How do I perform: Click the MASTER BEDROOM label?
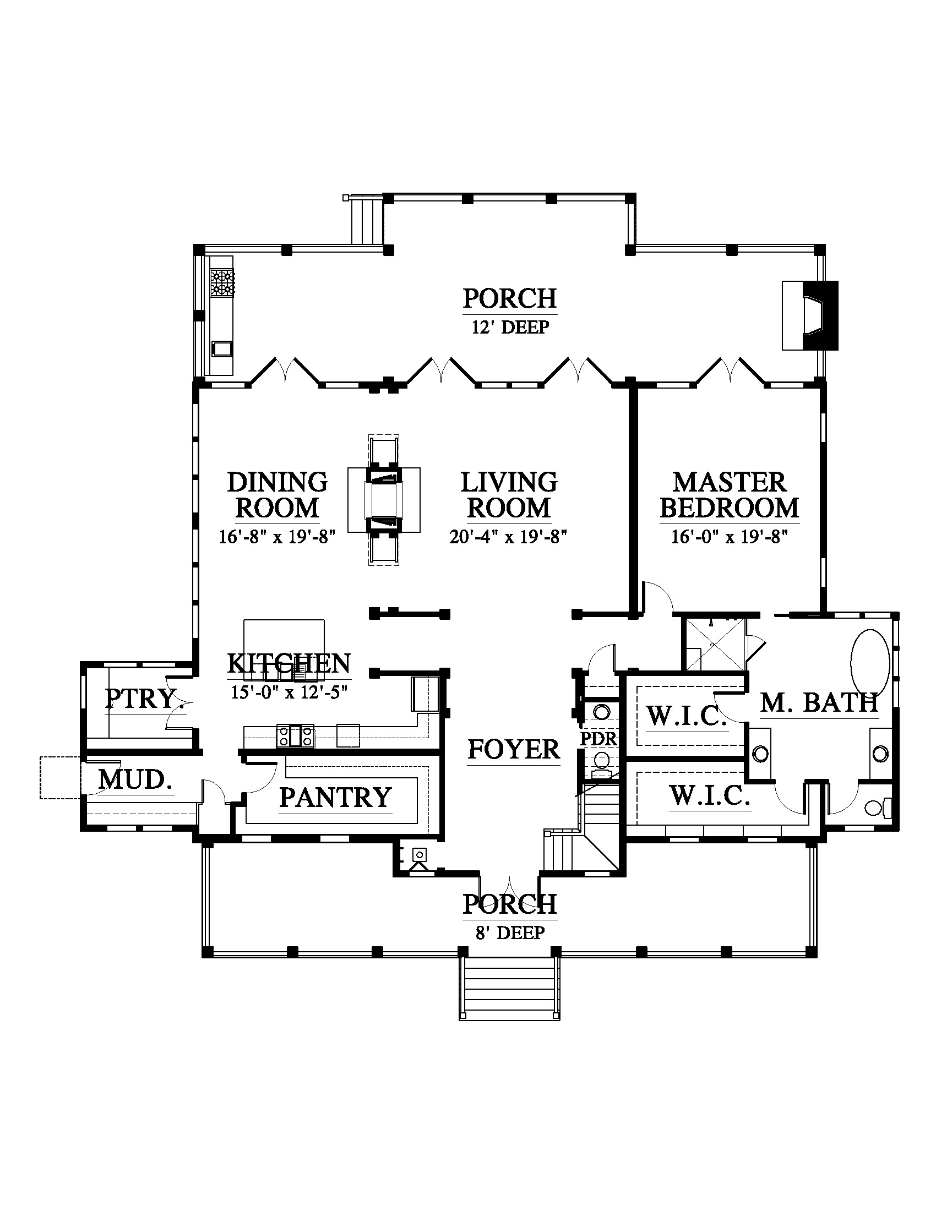click(730, 495)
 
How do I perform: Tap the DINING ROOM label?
click(278, 495)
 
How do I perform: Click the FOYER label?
click(514, 750)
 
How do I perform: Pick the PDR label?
click(598, 739)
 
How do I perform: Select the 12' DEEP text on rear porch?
click(510, 327)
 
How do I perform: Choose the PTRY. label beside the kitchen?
click(144, 699)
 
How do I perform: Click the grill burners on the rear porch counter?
click(222, 282)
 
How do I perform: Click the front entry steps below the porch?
click(509, 990)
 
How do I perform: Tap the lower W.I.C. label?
click(709, 797)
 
